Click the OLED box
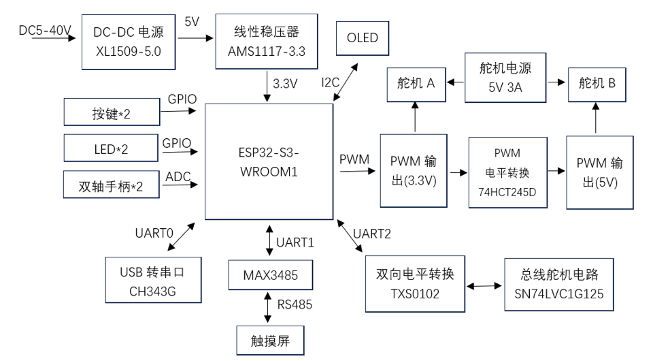pos(363,38)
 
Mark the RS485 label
pos(294,304)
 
